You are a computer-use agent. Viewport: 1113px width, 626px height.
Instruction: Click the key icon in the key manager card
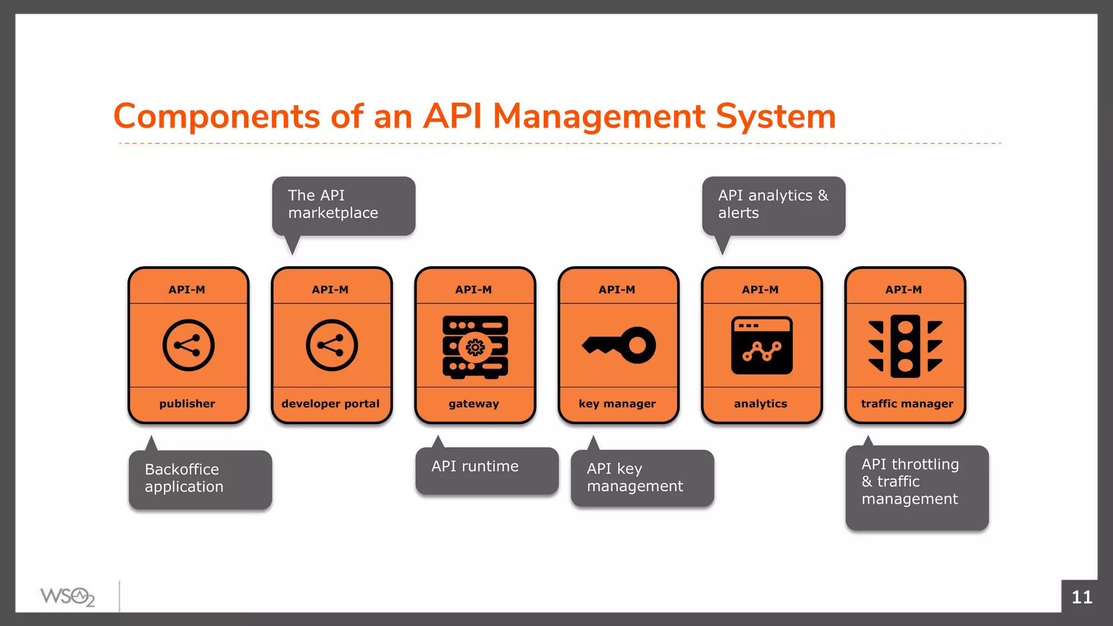(x=619, y=345)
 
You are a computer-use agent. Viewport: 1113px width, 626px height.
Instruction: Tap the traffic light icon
(x=905, y=346)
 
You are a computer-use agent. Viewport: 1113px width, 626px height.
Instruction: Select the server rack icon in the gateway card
(x=475, y=346)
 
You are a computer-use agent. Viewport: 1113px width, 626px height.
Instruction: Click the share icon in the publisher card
(x=189, y=345)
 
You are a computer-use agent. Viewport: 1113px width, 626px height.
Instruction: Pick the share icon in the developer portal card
(x=332, y=345)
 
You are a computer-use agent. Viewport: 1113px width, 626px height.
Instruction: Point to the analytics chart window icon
(x=761, y=345)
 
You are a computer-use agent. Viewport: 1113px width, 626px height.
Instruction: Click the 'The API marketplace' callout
(x=343, y=205)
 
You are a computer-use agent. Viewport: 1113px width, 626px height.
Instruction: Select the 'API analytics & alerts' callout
(x=773, y=205)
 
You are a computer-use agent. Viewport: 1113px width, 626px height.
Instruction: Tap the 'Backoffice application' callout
(x=200, y=479)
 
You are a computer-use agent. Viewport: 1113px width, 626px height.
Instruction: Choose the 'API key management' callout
(x=642, y=478)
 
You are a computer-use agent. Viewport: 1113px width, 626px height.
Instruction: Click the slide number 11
(x=1081, y=597)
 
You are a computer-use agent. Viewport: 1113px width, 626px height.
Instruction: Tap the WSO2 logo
(x=67, y=597)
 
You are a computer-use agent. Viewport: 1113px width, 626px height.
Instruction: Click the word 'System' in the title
(x=776, y=116)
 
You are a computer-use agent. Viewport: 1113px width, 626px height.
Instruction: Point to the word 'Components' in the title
(x=216, y=116)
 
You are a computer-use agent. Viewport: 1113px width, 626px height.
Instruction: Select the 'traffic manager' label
(x=906, y=404)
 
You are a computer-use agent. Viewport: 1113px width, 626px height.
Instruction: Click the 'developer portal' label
(x=330, y=404)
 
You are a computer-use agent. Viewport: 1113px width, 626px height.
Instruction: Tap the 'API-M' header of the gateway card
(x=473, y=290)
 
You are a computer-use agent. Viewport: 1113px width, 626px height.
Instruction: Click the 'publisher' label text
(x=187, y=404)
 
